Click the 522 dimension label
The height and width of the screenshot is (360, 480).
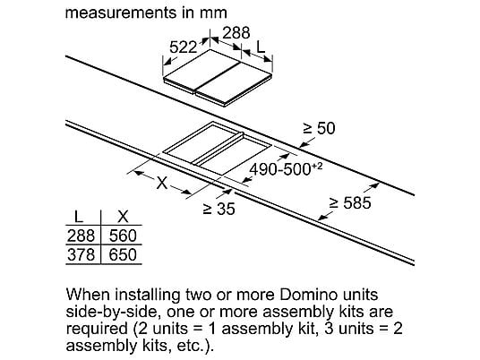183,47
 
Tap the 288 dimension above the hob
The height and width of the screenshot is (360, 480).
236,33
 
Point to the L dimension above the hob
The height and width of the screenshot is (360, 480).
261,47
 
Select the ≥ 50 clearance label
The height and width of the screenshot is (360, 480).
319,128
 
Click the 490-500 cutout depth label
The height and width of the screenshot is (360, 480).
286,169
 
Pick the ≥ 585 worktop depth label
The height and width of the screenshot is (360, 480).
350,202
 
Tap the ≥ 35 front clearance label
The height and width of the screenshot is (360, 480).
219,209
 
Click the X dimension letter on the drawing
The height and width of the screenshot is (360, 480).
161,183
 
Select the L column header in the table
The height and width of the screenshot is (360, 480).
79,217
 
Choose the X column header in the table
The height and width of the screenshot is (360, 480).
123,217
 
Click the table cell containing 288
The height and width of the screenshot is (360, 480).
81,236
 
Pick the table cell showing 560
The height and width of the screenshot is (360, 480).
123,236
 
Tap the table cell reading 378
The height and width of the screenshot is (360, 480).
81,254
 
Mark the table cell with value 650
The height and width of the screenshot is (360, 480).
123,254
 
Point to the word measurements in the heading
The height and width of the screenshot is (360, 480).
121,13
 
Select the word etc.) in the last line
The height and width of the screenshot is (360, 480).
195,346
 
